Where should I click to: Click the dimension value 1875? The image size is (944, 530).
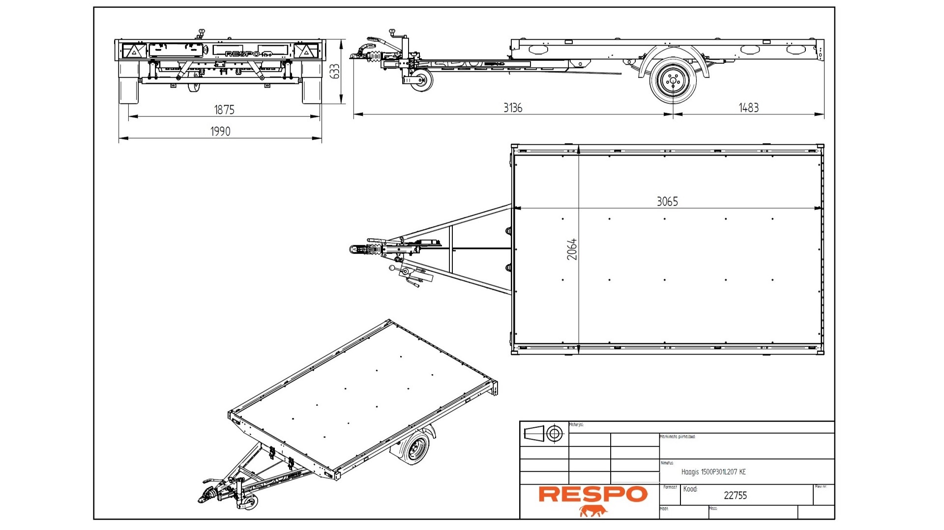[224, 110]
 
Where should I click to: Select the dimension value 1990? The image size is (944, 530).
[220, 131]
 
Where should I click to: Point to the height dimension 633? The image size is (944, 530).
[335, 71]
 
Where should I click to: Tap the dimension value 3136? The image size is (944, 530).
[513, 108]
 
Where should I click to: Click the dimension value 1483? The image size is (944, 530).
[748, 108]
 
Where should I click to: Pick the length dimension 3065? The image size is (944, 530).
[667, 201]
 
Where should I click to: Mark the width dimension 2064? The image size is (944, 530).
[572, 249]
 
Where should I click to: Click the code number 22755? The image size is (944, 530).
[735, 496]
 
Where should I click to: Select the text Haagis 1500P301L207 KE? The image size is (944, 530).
[713, 472]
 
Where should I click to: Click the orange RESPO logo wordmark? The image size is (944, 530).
[593, 494]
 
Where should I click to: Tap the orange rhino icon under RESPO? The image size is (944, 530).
[593, 511]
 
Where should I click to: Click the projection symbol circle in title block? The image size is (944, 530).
[555, 434]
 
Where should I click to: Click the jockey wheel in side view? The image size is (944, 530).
[423, 80]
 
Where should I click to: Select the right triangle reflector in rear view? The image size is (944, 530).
[305, 51]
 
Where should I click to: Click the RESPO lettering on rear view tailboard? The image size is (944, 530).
[242, 54]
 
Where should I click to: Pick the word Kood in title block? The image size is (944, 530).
[690, 489]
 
